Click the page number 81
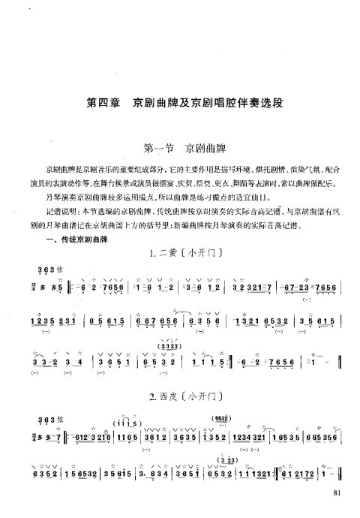[335, 493]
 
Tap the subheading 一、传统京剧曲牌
[68, 239]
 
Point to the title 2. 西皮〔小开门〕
[179, 393]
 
